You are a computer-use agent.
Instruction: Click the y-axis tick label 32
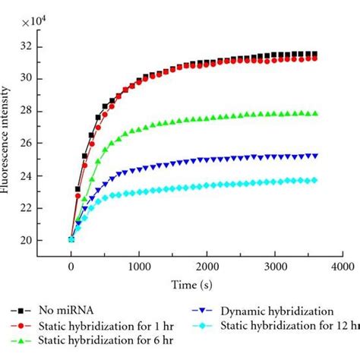pos(28,46)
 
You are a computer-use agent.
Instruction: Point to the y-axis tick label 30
pos(28,78)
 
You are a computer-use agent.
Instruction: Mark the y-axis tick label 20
pos(28,241)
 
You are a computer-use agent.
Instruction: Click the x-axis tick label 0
pos(71,267)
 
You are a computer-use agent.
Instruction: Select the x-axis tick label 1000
pos(138,267)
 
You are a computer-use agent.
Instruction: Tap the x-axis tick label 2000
pos(206,267)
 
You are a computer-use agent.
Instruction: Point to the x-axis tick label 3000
pos(273,267)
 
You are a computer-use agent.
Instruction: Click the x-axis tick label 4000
pos(341,267)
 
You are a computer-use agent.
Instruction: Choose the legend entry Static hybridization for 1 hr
pos(99,325)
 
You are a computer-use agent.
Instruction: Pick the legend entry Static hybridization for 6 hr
pos(99,339)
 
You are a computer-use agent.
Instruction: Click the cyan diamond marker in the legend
pos(204,325)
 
